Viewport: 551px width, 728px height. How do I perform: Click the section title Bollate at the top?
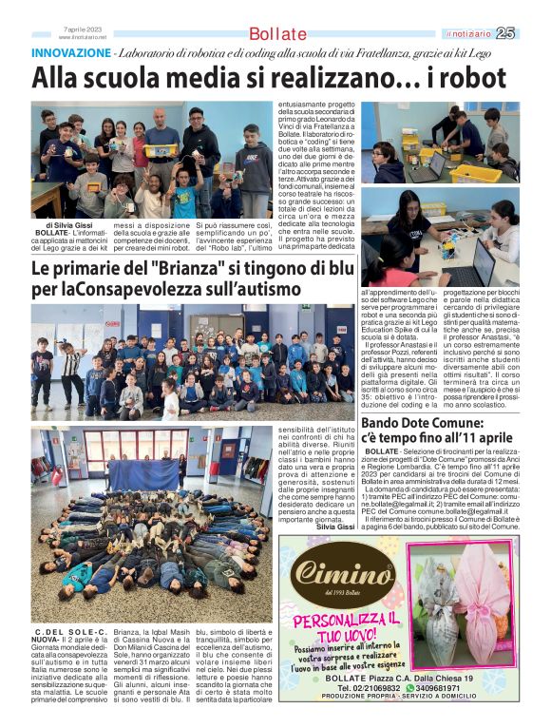(277, 34)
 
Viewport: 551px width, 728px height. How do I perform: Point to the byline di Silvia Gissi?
(61, 225)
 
